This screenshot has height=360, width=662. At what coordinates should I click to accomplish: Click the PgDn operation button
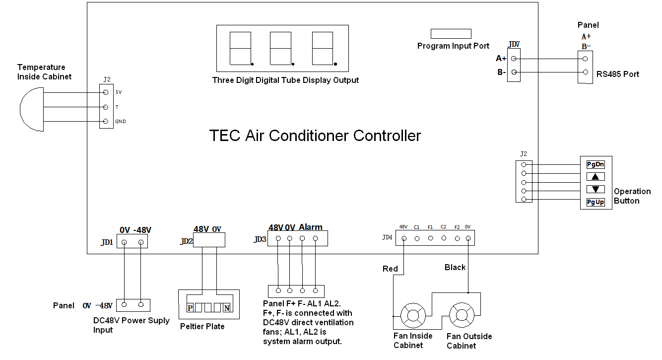click(596, 164)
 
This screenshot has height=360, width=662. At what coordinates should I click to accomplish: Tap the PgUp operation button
click(596, 202)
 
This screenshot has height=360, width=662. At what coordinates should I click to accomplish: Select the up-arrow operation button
click(596, 176)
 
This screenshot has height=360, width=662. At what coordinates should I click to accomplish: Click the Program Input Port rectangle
click(451, 34)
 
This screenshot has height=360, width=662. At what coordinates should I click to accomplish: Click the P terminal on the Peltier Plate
click(190, 308)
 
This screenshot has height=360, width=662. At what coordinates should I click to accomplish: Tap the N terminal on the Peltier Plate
click(227, 308)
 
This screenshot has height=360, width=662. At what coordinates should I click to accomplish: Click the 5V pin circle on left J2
click(105, 92)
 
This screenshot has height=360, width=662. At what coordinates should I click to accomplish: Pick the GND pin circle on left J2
click(105, 122)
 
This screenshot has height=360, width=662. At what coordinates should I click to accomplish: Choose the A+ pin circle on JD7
click(514, 59)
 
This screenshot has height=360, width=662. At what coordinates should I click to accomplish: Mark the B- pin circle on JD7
click(514, 73)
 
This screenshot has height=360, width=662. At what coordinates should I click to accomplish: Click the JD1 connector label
click(107, 243)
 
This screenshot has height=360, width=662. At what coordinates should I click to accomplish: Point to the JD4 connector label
click(387, 238)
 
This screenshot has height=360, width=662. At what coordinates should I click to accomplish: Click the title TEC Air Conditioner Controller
click(315, 136)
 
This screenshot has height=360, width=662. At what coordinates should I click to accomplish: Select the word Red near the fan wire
click(390, 269)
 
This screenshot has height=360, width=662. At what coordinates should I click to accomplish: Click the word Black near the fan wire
click(455, 268)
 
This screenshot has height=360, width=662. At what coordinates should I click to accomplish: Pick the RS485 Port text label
click(618, 74)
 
